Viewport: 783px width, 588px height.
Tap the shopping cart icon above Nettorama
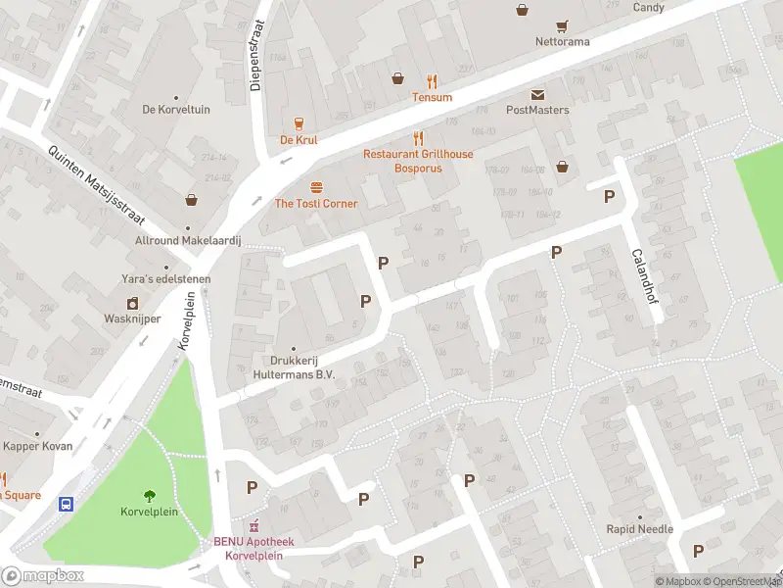pos(562,26)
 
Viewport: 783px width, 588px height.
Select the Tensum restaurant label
pos(432,97)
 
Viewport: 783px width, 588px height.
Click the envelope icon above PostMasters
pos(537,94)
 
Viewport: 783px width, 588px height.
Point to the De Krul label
pos(299,140)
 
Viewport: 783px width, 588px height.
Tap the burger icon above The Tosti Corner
pos(316,187)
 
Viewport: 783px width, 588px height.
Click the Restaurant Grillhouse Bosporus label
pos(417,161)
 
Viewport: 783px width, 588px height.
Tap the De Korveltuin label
pos(176,110)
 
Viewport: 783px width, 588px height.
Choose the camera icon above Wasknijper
pos(131,303)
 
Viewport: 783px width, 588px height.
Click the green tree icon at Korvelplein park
pos(149,496)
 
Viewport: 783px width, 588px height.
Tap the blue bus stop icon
pos(66,505)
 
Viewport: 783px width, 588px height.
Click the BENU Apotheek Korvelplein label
pos(253,548)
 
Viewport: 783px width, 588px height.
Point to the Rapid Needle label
pos(639,529)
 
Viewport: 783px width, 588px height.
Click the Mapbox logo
pos(43,576)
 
